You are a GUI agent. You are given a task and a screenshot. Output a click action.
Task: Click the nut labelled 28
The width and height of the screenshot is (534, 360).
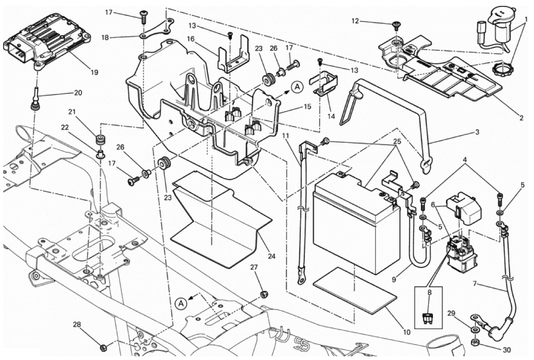[x=103, y=348]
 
